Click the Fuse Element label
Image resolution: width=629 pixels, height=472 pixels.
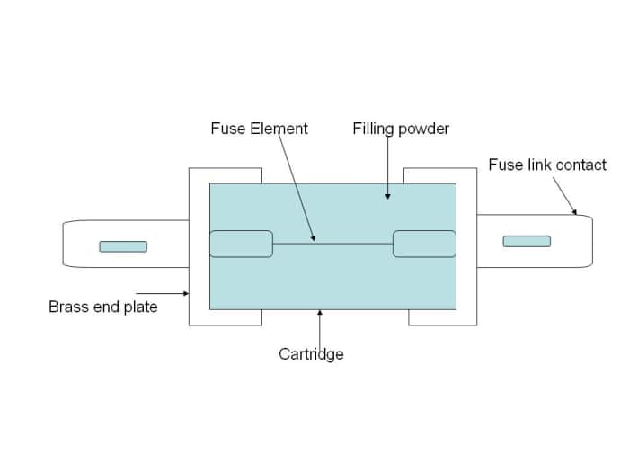259,129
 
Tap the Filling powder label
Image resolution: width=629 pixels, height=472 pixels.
401,129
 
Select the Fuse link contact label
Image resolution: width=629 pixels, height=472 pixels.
547,165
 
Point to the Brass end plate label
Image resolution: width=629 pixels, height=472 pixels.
102,307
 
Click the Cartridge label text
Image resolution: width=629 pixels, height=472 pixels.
311,353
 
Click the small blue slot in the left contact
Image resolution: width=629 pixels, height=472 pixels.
123,246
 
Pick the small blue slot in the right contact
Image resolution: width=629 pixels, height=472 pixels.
527,241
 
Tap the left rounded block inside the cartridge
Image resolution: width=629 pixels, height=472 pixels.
241,244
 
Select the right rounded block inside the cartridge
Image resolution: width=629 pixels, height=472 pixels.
424,244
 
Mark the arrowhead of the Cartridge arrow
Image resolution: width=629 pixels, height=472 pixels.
320,314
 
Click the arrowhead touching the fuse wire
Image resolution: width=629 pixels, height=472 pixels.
314,238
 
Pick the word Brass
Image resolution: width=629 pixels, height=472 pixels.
67,307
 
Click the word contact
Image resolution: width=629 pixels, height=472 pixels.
581,165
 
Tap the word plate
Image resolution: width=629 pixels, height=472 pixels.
140,307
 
